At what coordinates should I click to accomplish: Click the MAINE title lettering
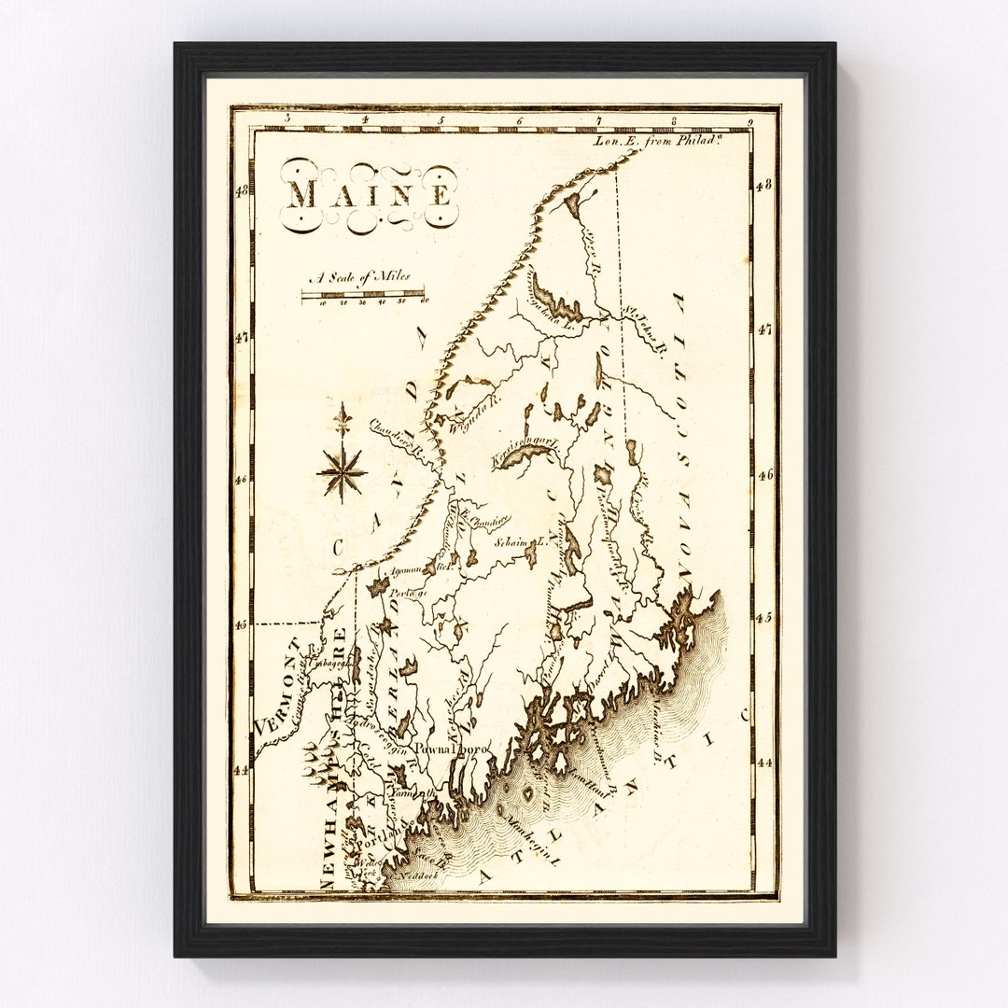click(370, 194)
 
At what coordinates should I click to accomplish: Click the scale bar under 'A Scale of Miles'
click(363, 297)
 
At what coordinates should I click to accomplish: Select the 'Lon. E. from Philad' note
click(659, 141)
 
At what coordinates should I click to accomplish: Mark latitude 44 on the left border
click(241, 770)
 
